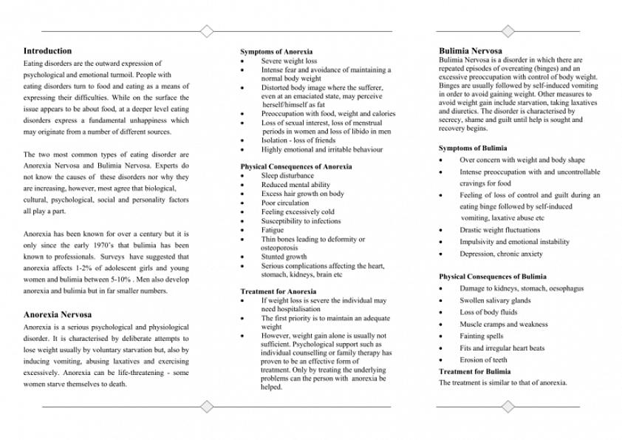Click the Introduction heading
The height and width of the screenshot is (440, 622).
[47, 51]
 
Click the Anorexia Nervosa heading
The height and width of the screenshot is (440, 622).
[58, 314]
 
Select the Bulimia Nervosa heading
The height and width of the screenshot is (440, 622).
[470, 51]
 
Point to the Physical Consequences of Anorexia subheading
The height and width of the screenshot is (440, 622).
[295, 167]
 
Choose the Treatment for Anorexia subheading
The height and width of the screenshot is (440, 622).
[278, 292]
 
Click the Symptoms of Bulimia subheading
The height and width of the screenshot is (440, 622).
[473, 149]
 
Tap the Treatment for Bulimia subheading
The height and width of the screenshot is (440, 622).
[474, 372]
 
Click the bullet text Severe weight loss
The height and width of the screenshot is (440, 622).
[289, 61]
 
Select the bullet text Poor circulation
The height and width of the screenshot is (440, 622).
[285, 203]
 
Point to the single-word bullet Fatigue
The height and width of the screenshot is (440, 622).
[272, 231]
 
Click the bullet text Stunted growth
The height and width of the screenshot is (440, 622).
[284, 257]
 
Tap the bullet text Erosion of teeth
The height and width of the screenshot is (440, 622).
[483, 360]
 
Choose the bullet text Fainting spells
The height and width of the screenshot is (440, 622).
[481, 336]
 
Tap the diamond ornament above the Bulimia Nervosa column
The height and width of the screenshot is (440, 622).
[507, 31]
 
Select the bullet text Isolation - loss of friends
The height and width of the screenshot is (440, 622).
[298, 141]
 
